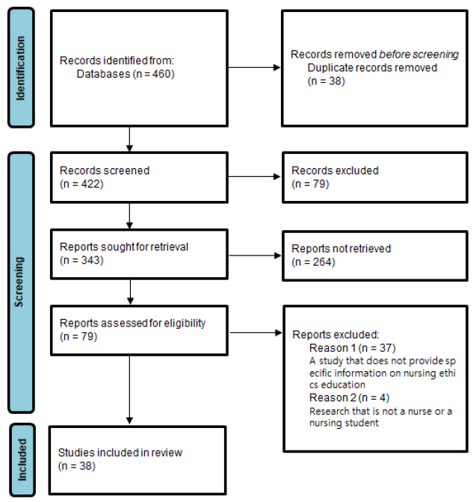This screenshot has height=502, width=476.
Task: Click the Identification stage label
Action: (x=21, y=68)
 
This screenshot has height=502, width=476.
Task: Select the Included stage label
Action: (x=22, y=459)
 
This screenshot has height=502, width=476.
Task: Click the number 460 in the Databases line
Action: (x=161, y=74)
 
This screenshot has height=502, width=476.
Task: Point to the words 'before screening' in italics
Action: (x=419, y=55)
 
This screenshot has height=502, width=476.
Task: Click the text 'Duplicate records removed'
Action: (x=372, y=68)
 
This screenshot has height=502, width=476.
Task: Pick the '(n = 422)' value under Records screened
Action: (x=81, y=184)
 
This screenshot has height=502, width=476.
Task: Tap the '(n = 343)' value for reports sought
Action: (x=81, y=260)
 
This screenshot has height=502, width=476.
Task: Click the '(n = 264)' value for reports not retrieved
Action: (x=313, y=262)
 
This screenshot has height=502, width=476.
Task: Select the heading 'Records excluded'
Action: (x=335, y=170)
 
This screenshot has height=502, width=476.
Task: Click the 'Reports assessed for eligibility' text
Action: (x=132, y=323)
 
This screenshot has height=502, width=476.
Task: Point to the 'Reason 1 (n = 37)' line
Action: (x=353, y=348)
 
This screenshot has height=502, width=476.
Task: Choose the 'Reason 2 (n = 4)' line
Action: (x=349, y=398)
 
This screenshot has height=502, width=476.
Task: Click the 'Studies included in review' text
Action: (x=120, y=453)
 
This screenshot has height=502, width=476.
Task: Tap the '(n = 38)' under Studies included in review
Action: (x=77, y=466)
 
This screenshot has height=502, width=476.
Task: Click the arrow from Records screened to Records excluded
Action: (x=254, y=176)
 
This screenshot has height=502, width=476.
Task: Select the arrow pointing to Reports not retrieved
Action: (x=255, y=255)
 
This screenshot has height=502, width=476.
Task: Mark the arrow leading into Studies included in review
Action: (x=129, y=390)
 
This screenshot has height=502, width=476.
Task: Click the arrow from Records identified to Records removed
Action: (x=254, y=67)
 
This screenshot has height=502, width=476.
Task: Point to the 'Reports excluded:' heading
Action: (x=336, y=335)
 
